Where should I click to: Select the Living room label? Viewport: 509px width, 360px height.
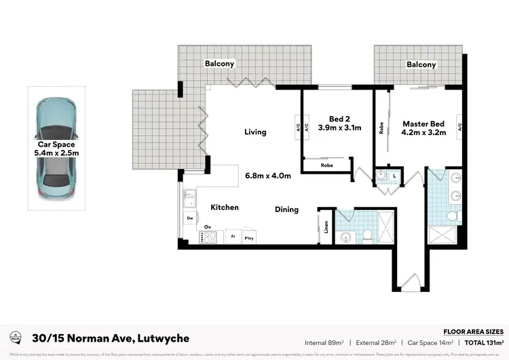[255, 132]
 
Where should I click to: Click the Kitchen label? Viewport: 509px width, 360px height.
[224, 207]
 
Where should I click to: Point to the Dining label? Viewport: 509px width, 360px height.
[286, 209]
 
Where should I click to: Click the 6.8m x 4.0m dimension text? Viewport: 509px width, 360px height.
[267, 176]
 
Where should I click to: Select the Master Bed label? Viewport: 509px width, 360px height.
[423, 124]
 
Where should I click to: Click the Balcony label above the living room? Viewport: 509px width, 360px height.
[219, 64]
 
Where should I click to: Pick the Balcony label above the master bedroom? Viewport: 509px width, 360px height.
[421, 65]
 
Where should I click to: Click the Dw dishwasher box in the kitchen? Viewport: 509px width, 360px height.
[190, 218]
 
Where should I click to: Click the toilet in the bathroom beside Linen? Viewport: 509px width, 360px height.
[366, 234]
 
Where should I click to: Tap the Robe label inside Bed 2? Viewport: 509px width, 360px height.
[326, 165]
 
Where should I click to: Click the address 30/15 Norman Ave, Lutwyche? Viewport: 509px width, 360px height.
[110, 338]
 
